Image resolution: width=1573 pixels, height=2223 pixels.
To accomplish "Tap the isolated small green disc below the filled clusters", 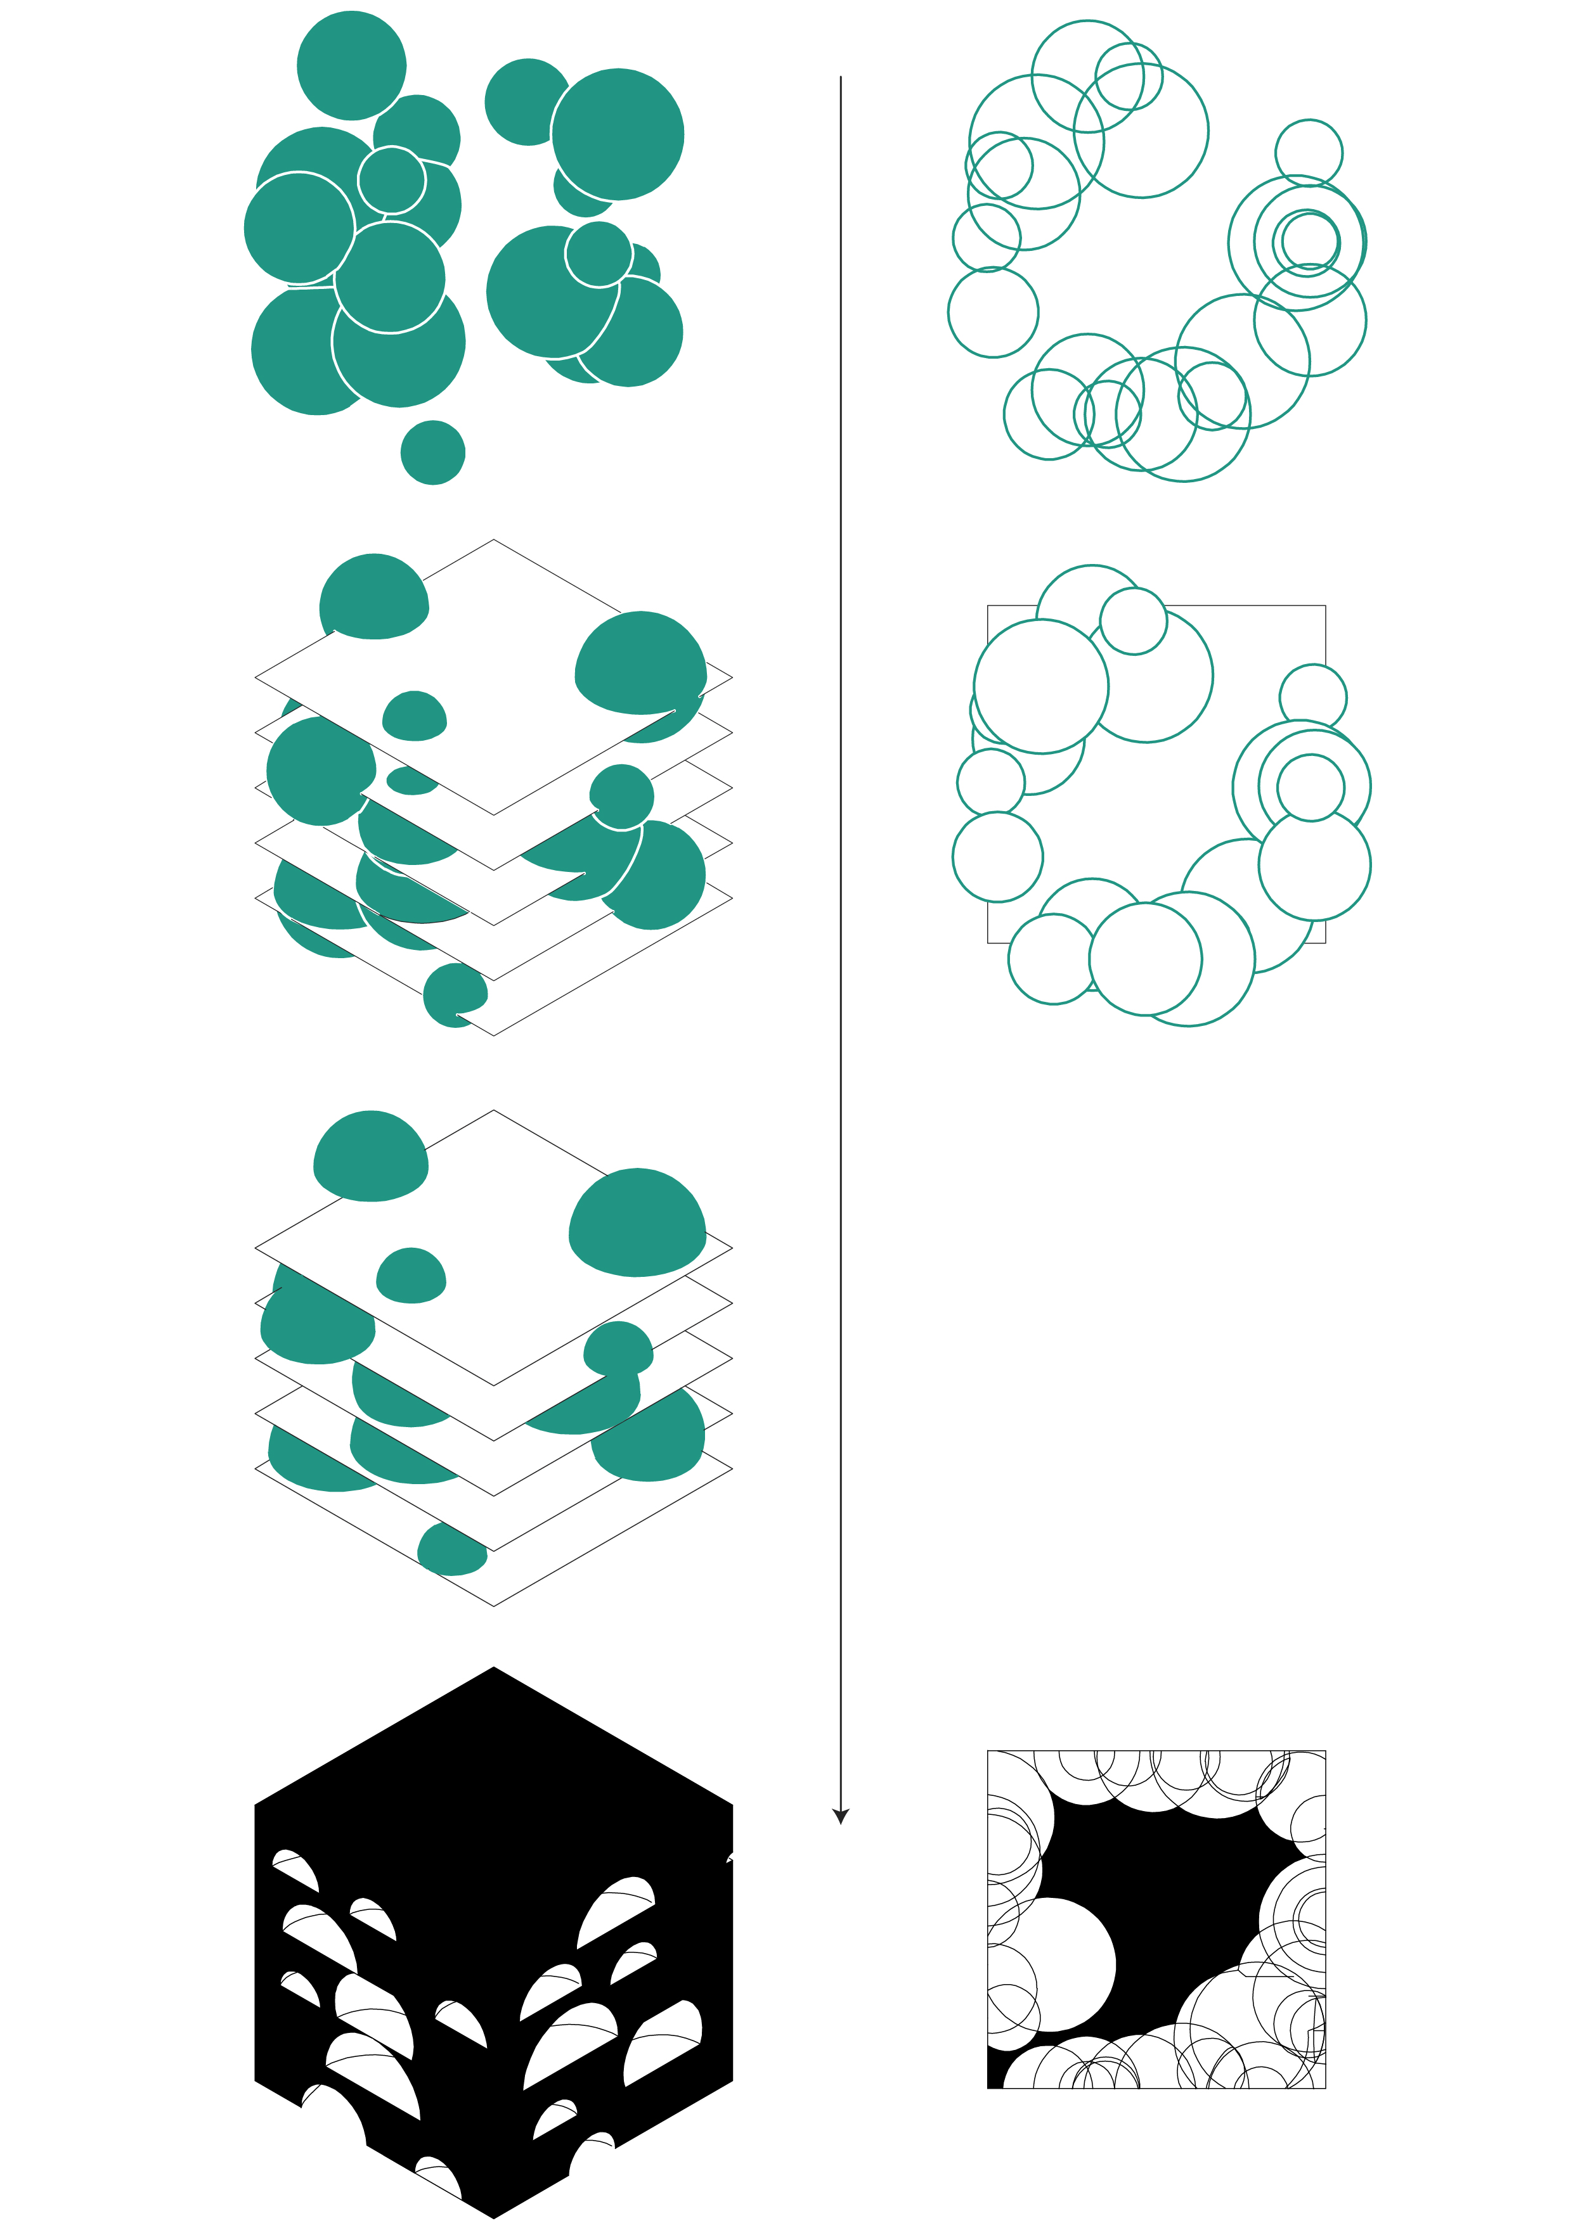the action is [x=433, y=452].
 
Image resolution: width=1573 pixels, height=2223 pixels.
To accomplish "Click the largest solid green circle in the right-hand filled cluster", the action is [x=618, y=134].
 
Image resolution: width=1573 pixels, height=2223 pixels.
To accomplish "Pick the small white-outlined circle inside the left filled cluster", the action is [x=391, y=180].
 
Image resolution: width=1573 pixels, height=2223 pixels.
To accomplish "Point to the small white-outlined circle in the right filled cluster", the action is [x=599, y=253].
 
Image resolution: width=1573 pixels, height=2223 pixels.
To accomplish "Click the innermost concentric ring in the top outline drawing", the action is [x=1307, y=240].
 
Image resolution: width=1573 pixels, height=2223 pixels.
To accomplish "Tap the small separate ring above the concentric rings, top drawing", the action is [x=1309, y=153].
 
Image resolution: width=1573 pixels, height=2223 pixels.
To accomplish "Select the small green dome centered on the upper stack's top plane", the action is [x=415, y=717].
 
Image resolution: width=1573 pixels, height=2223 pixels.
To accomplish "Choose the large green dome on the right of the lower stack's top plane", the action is [x=637, y=1224].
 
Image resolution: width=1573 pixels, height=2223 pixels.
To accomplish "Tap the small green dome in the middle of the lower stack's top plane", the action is [x=411, y=1277].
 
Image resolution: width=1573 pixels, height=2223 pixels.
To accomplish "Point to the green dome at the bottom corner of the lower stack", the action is [x=451, y=1550].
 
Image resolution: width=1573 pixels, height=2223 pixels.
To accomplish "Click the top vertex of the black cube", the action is [x=494, y=1669].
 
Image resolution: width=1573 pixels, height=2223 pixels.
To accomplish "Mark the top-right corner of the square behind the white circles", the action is [x=1325, y=606].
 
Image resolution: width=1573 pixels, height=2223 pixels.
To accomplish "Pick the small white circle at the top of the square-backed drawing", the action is [x=1133, y=620].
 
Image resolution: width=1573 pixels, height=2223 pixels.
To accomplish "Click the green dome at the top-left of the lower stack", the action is [x=371, y=1158].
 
